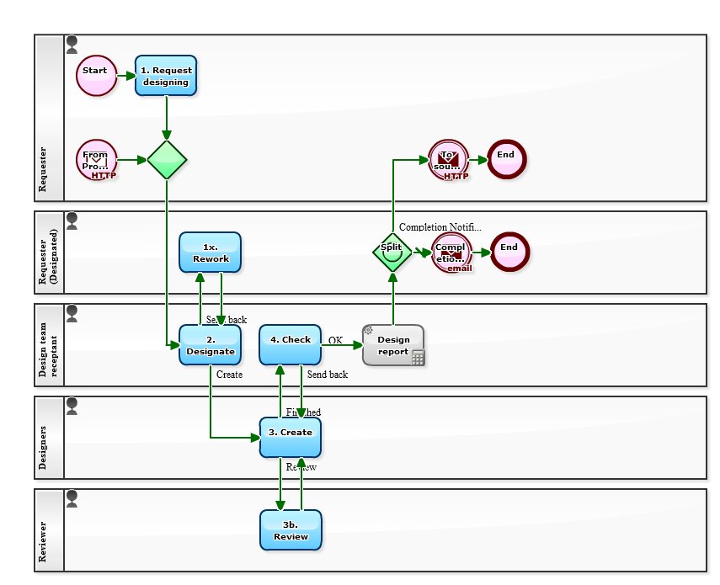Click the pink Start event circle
pos(96,76)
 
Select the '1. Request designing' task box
pos(166,76)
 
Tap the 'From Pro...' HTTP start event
pos(96,160)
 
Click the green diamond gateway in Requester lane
pos(167,160)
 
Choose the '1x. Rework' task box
pos(211,253)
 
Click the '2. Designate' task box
pos(211,345)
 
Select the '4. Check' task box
pos(291,345)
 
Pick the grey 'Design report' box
pos(393,345)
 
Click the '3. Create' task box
pos(291,437)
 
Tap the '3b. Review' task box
pos(291,530)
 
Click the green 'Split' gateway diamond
pos(392,252)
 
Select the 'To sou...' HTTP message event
pos(448,160)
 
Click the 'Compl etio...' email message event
pos(451,253)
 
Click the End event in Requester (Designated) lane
pos(509,252)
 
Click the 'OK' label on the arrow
pos(335,340)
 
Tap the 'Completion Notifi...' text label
pos(440,227)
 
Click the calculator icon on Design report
pos(418,358)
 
